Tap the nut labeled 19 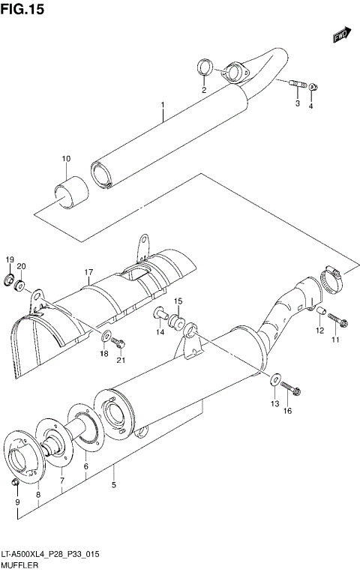pos(10,282)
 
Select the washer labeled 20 pos(22,285)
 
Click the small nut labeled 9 pos(16,481)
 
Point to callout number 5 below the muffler pos(113,485)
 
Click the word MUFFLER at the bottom pos(19,563)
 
